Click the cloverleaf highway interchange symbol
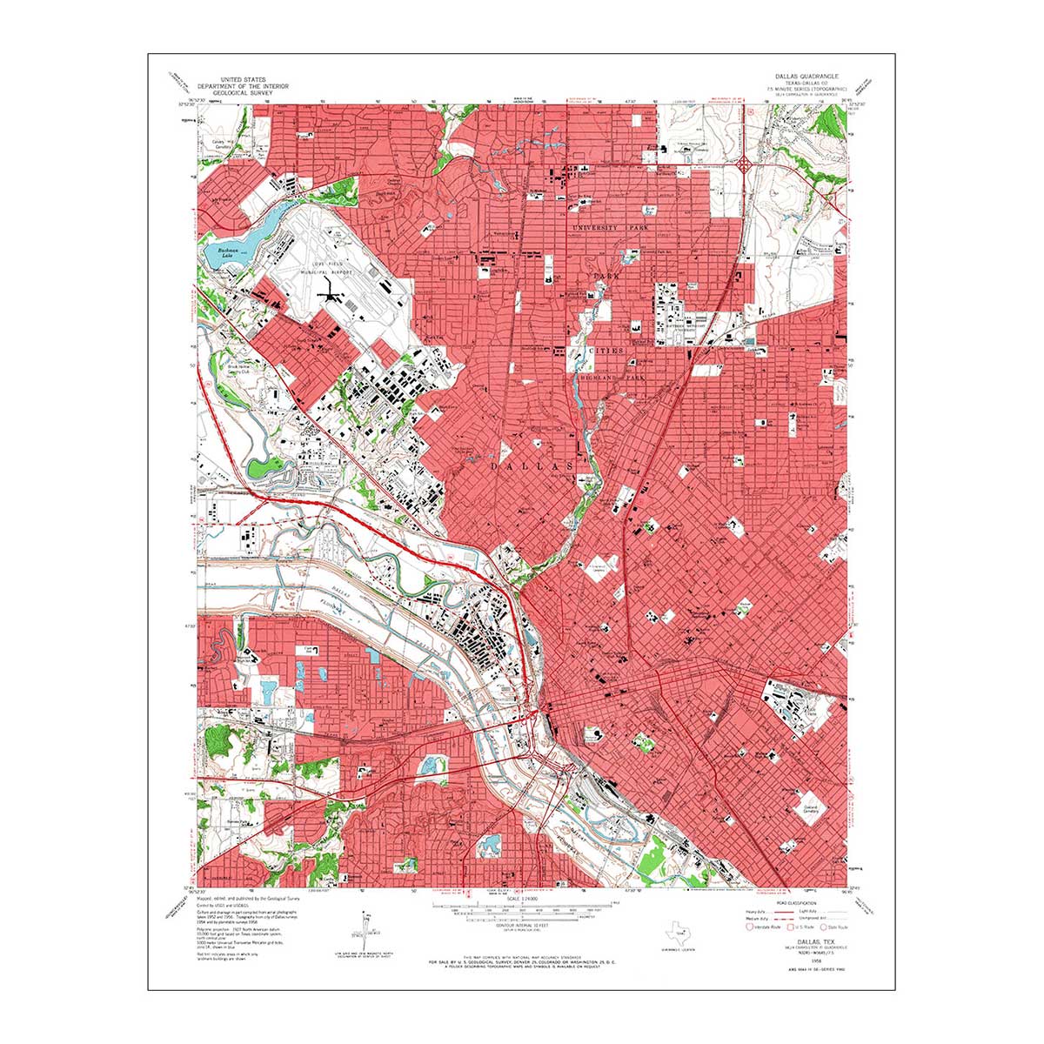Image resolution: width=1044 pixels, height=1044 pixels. click(746, 163)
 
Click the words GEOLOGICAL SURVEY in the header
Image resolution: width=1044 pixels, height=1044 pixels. click(243, 93)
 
